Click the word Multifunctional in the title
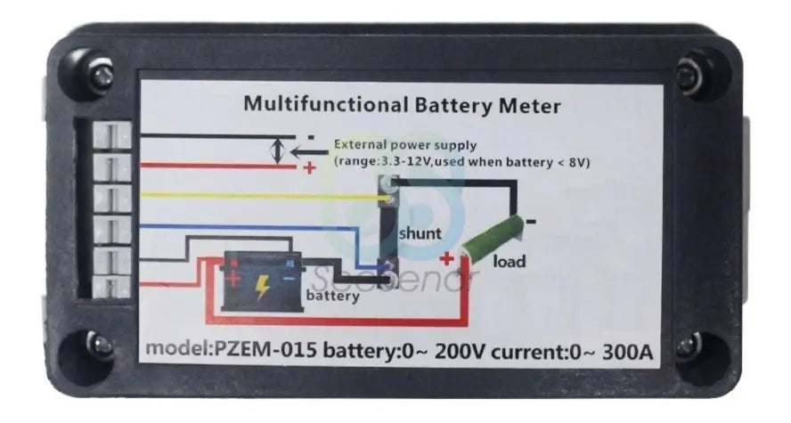(326, 104)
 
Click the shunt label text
(420, 233)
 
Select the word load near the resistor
(509, 261)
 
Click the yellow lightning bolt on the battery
(262, 287)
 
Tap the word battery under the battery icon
(333, 295)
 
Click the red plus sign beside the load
(446, 259)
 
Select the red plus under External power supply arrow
(309, 167)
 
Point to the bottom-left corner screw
(101, 345)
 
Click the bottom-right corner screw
(687, 346)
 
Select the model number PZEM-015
(266, 349)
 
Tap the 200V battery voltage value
(460, 351)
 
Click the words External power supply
(405, 146)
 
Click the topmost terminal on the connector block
(112, 135)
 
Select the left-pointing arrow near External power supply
(309, 150)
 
